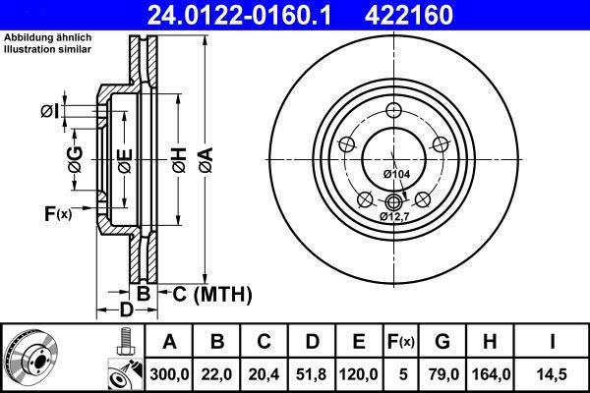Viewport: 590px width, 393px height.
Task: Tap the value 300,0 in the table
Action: [169, 372]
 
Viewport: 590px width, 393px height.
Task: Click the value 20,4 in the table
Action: [264, 372]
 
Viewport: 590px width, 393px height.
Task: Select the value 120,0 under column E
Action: [358, 372]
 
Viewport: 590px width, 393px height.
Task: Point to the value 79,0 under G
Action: [442, 372]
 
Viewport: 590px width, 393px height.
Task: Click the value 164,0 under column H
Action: [491, 372]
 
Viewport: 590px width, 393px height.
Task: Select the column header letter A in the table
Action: [169, 342]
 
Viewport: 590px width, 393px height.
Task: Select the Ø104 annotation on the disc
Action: [395, 174]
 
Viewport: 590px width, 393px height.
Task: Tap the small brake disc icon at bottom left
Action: [31, 356]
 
